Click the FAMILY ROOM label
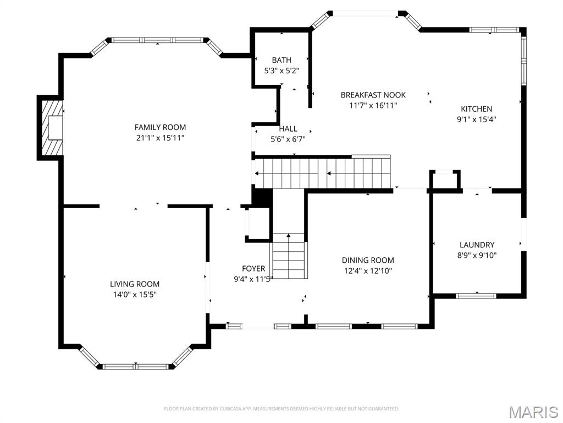coord(160,127)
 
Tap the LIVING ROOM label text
coord(135,284)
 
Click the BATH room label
coord(281,60)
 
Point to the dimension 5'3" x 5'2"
coord(281,70)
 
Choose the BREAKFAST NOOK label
coord(373,95)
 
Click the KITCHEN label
coord(476,109)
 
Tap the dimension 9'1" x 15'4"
coord(476,119)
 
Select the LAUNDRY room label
coord(477,245)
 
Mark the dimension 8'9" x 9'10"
coord(477,255)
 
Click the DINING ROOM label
coord(368,260)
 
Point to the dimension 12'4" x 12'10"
coord(368,270)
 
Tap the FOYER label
coord(253,268)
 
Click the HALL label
coord(288,129)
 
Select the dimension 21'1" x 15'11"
coord(160,138)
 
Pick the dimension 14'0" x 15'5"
coord(135,295)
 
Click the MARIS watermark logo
coord(533,412)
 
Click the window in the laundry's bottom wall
coord(476,296)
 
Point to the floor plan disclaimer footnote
coord(281,409)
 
